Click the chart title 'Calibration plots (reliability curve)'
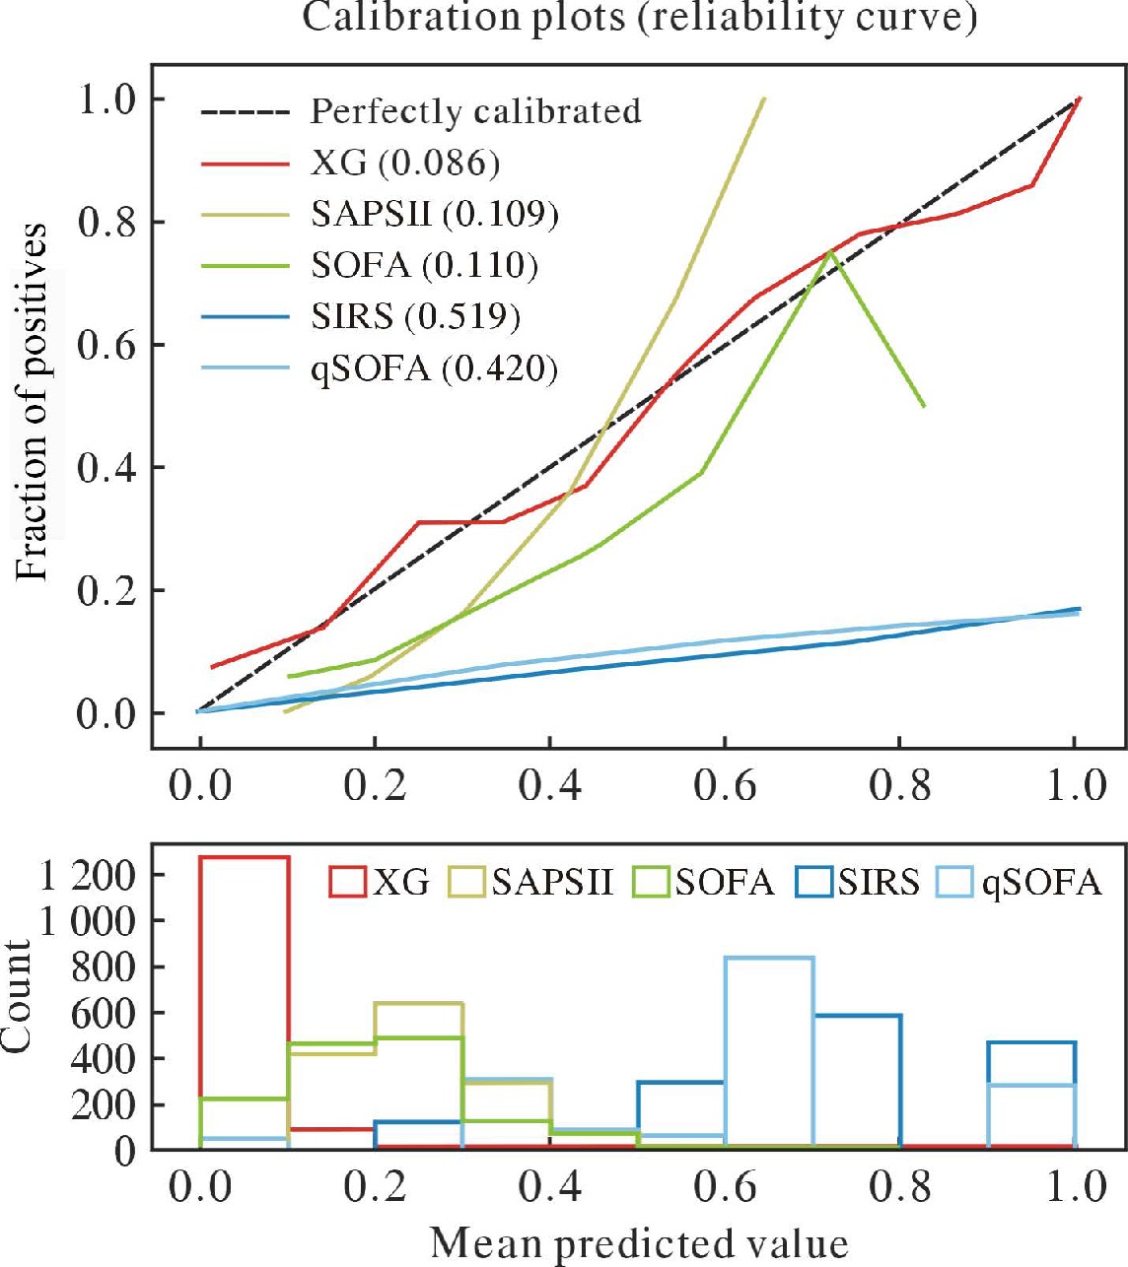pyautogui.click(x=639, y=18)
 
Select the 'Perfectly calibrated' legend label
pyautogui.click(x=475, y=111)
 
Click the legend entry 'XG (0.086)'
pyautogui.click(x=404, y=163)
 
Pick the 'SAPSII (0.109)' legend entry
pyautogui.click(x=434, y=214)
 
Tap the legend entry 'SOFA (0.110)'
pyautogui.click(x=424, y=265)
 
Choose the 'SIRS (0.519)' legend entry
pyautogui.click(x=415, y=316)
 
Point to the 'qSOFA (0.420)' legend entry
pyautogui.click(x=434, y=368)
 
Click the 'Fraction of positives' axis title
pyautogui.click(x=34, y=402)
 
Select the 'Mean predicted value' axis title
pyautogui.click(x=639, y=1243)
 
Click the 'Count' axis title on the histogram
pyautogui.click(x=18, y=996)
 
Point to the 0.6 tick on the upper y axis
pyautogui.click(x=107, y=345)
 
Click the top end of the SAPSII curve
pyautogui.click(x=763, y=99)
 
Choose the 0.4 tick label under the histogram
pyautogui.click(x=550, y=1186)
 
